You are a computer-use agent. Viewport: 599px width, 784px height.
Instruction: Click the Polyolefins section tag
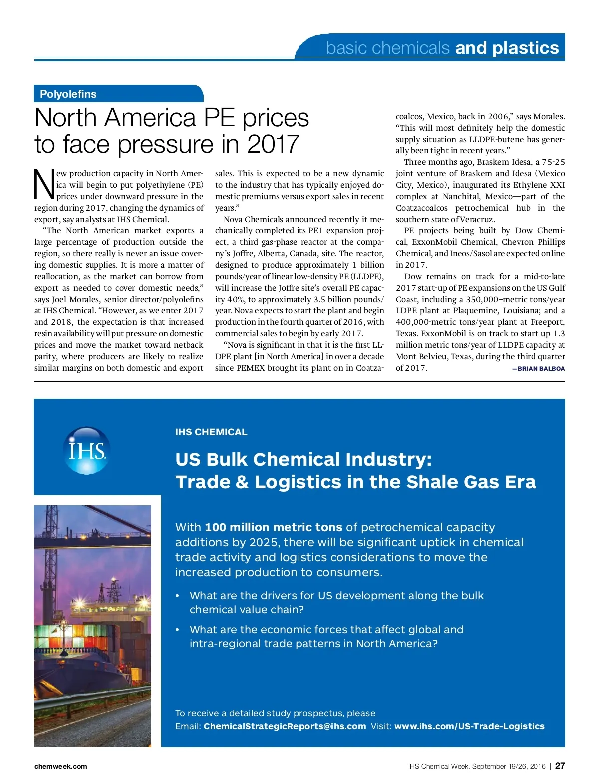tap(68, 94)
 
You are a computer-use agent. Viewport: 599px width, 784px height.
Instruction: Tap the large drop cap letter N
tap(44, 184)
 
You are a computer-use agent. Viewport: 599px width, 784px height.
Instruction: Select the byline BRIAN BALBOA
tap(538, 369)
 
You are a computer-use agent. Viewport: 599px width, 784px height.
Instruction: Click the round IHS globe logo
tap(87, 450)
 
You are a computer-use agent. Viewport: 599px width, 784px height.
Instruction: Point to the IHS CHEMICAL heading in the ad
tap(211, 432)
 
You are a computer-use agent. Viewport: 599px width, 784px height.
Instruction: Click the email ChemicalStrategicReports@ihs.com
tap(285, 726)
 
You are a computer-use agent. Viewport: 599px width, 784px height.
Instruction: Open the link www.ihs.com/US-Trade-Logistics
tap(469, 726)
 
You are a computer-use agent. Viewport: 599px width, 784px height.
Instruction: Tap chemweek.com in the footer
tap(60, 766)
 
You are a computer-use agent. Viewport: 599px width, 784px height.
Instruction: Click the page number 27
tap(560, 766)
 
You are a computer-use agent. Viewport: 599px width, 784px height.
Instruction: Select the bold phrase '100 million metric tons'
tap(274, 527)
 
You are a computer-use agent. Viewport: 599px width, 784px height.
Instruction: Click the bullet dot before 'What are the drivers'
tap(177, 596)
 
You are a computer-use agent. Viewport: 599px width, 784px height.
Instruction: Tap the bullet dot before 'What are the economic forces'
tap(177, 630)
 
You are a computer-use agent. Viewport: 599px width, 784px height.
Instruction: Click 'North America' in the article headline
tap(116, 118)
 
